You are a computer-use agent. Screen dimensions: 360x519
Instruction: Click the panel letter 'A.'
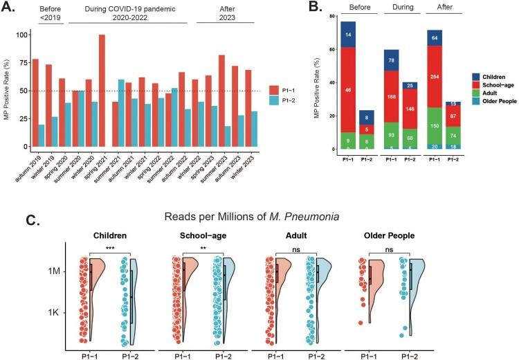click(12, 9)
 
